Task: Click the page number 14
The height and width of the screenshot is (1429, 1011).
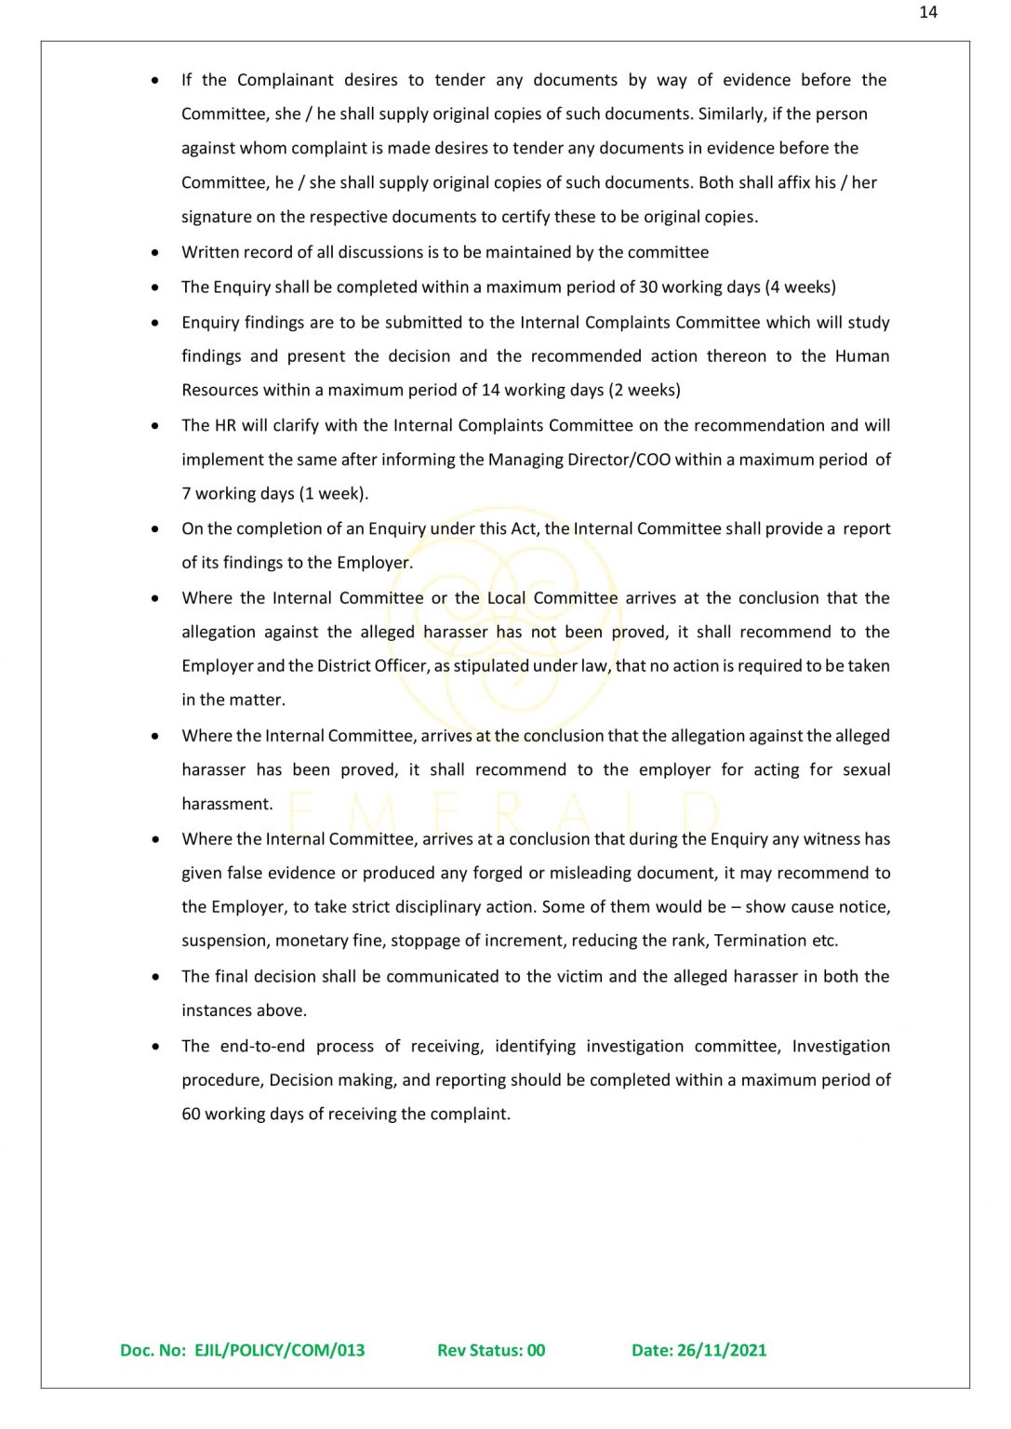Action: tap(927, 12)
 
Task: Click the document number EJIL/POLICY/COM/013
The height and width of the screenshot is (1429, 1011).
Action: tap(279, 1350)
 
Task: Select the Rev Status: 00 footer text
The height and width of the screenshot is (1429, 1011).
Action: tap(491, 1350)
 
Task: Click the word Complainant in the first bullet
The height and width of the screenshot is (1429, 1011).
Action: tap(285, 80)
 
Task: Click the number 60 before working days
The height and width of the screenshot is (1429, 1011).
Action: tap(191, 1114)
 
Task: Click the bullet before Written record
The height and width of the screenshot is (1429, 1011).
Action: tap(154, 252)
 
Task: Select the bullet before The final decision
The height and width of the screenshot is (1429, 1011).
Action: tap(154, 977)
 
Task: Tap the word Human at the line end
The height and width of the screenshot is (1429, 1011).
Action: tap(862, 356)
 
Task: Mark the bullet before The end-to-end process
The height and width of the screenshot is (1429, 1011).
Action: tap(154, 1047)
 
